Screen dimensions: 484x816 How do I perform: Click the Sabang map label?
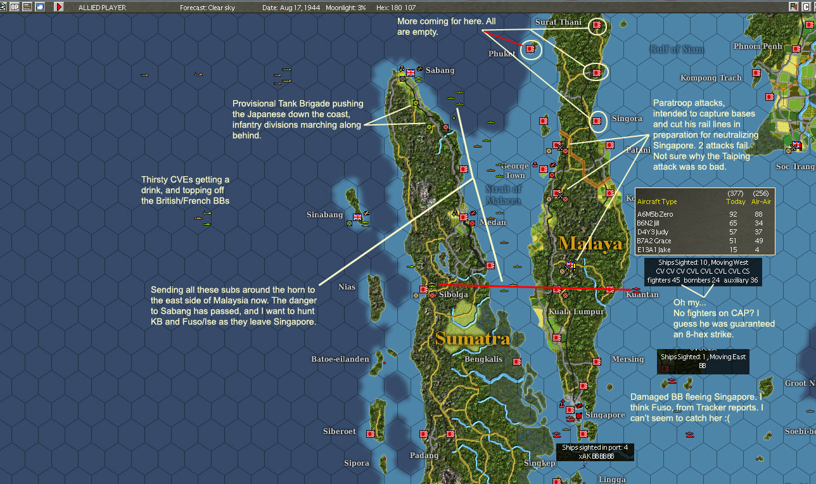pyautogui.click(x=440, y=70)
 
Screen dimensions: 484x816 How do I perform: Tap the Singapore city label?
pyautogui.click(x=605, y=415)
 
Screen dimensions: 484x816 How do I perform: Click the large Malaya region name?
pyautogui.click(x=590, y=243)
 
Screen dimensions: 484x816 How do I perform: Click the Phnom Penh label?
pyautogui.click(x=758, y=46)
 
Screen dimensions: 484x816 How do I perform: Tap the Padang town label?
pyautogui.click(x=424, y=455)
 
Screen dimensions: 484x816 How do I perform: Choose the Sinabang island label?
pyautogui.click(x=324, y=215)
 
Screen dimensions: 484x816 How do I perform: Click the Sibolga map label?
pyautogui.click(x=453, y=295)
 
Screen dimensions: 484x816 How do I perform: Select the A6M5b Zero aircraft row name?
pyautogui.click(x=655, y=214)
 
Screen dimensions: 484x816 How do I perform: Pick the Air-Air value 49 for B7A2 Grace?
pyautogui.click(x=758, y=241)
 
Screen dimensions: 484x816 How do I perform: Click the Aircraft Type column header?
pyautogui.click(x=657, y=201)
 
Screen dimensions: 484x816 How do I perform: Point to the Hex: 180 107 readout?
pyautogui.click(x=396, y=8)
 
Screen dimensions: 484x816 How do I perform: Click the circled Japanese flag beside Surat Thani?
pyautogui.click(x=596, y=26)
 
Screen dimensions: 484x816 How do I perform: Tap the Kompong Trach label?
pyautogui.click(x=711, y=78)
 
